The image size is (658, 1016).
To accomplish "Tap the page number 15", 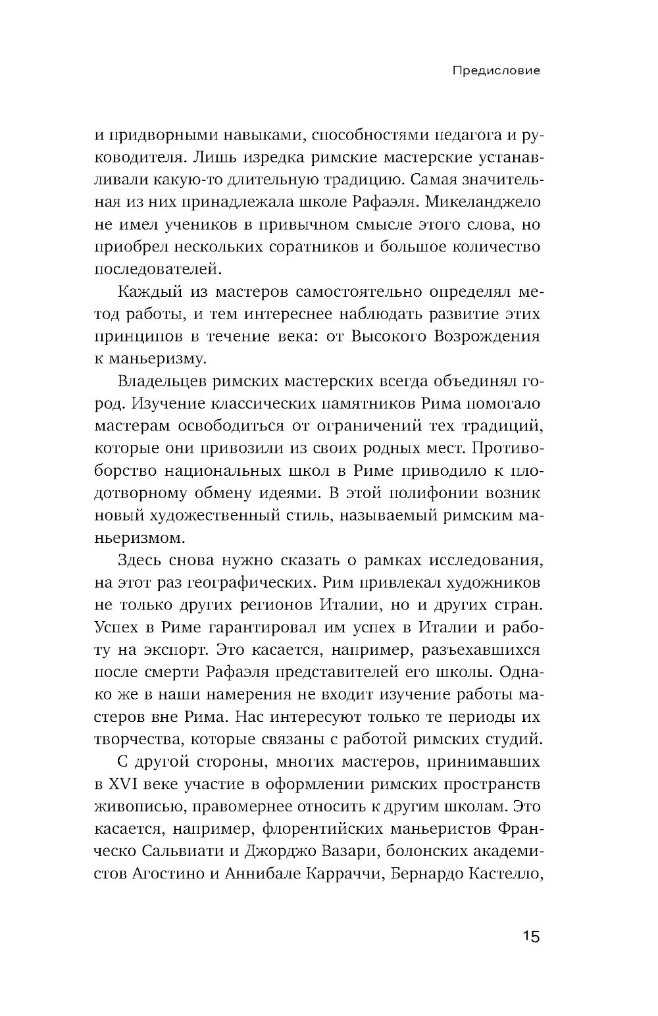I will point(531,936).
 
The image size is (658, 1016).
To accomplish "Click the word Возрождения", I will point(488,336).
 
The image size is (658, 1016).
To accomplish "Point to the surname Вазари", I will point(343,851).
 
